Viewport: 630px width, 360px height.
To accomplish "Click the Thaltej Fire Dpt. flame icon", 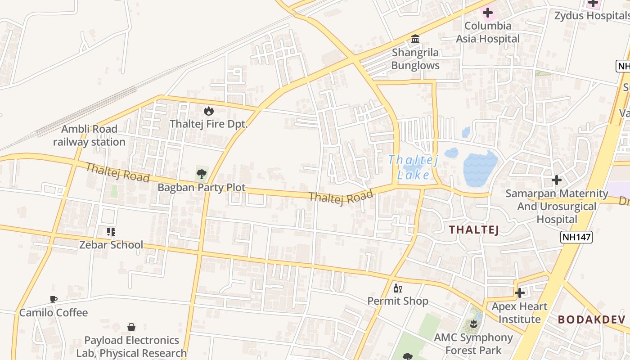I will point(208,110).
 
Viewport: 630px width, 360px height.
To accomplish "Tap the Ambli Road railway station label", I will point(89,135).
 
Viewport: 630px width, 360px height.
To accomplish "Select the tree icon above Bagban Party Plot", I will point(202,173).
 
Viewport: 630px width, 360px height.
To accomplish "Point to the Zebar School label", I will point(111,245).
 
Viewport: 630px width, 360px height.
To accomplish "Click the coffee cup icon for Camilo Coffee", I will point(54,299).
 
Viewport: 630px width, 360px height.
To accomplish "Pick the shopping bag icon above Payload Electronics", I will point(131,327).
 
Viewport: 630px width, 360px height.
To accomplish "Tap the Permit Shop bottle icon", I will point(397,288).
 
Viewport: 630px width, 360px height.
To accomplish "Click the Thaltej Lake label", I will point(413,167).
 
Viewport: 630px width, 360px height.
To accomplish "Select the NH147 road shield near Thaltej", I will point(576,237).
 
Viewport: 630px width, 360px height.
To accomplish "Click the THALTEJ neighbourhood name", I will point(474,229).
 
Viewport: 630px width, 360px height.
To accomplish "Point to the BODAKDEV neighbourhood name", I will point(591,319).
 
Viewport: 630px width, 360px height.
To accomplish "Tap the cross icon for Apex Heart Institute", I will point(520,293).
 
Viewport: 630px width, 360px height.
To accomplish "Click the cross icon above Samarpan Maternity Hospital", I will point(557,180).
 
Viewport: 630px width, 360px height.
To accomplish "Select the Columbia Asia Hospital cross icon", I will point(487,13).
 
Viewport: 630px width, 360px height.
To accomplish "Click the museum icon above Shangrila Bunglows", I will point(415,39).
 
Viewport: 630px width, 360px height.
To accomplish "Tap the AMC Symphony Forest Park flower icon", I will point(473,324).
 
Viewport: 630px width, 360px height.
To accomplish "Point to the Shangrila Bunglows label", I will point(415,59).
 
